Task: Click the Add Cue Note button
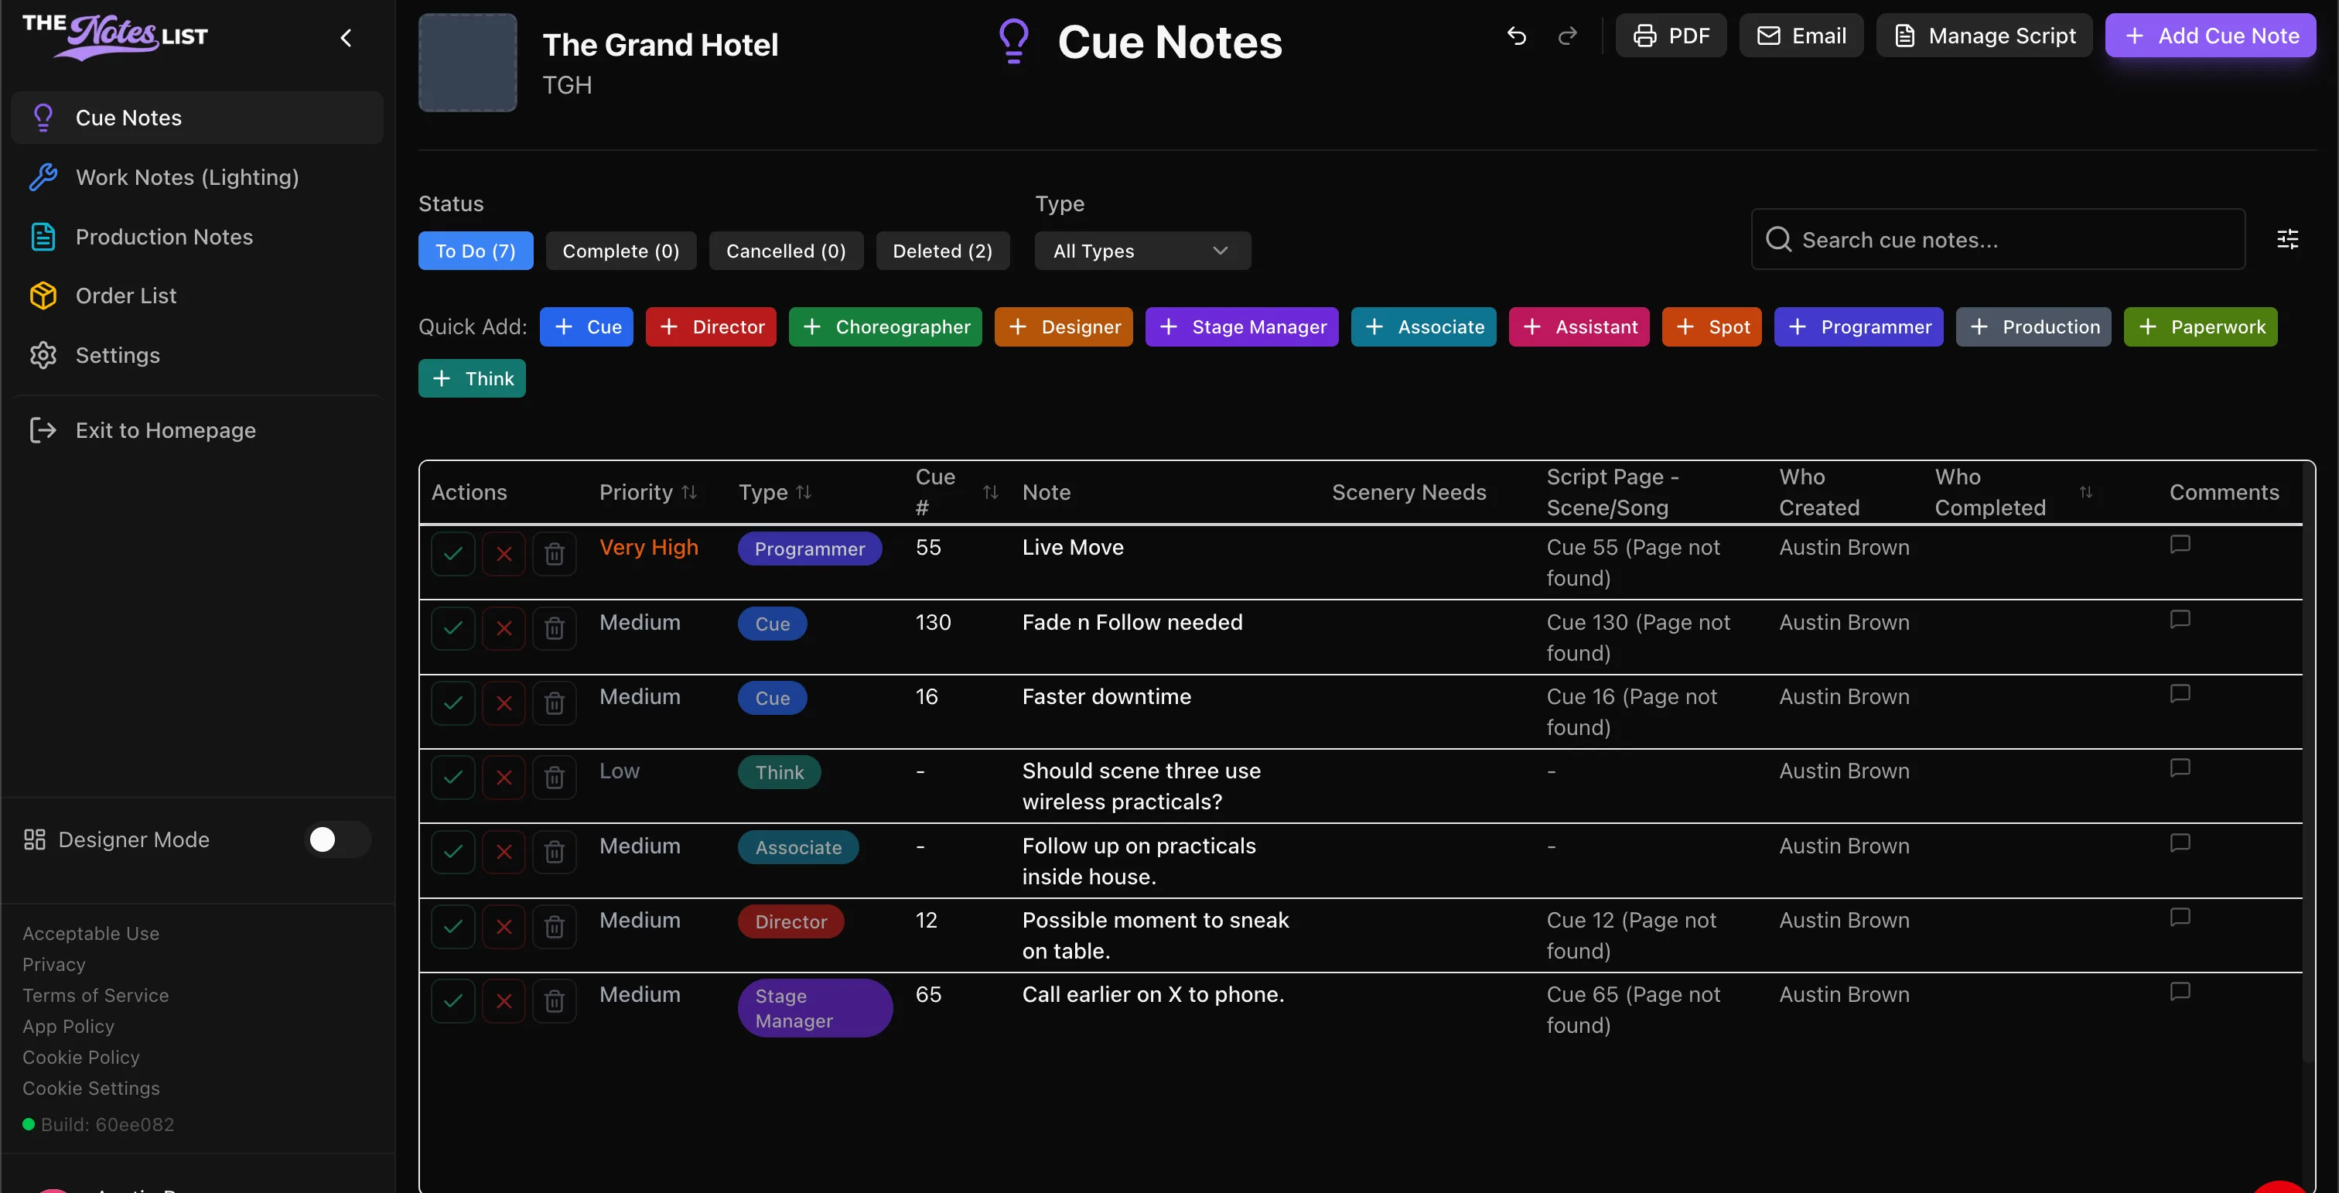[2210, 36]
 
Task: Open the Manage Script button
[1984, 36]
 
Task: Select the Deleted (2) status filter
[943, 251]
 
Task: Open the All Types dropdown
[1142, 251]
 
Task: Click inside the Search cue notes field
[1998, 240]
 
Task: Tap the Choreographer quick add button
[886, 326]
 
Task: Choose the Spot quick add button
[1712, 326]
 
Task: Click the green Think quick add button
[472, 378]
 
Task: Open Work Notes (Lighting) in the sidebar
[187, 177]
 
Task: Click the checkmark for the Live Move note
[453, 553]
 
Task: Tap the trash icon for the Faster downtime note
[554, 702]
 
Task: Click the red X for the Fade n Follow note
[504, 628]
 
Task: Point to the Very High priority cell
[648, 548]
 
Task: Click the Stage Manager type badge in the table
[814, 1008]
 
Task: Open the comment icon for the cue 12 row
[2180, 917]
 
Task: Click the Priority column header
[648, 492]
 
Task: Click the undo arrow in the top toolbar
[1516, 36]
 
